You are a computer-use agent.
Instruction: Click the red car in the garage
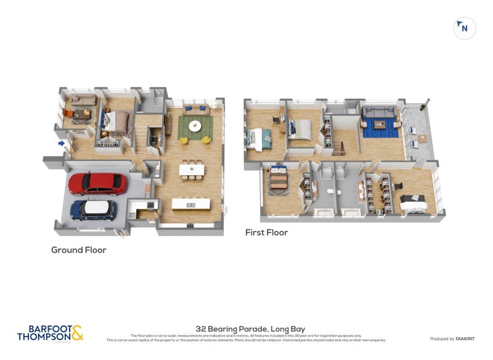click(97, 183)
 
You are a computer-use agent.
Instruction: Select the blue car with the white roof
click(93, 210)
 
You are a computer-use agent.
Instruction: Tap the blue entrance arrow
click(61, 144)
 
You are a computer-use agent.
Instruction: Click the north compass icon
click(464, 28)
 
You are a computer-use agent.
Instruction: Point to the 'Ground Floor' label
click(78, 250)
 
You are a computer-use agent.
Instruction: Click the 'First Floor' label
click(267, 232)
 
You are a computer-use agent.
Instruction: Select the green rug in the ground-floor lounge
click(195, 127)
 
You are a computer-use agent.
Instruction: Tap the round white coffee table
click(195, 126)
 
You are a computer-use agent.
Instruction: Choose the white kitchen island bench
click(190, 203)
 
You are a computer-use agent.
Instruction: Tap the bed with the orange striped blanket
click(279, 179)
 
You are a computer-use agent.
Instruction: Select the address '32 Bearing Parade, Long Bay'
click(250, 329)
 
